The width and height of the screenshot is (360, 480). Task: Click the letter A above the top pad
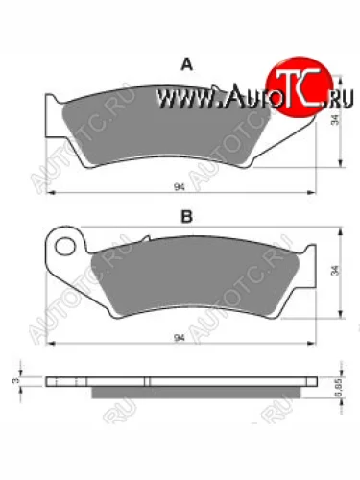[x=188, y=64]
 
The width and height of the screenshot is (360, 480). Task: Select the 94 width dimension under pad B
[x=180, y=339]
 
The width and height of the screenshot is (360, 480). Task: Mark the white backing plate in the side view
[x=182, y=380]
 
